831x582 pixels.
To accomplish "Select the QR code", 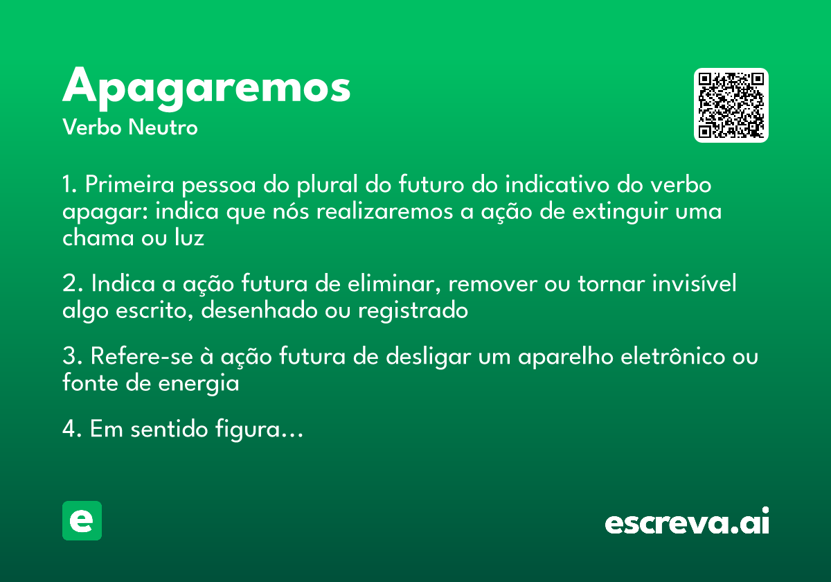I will click(x=731, y=105).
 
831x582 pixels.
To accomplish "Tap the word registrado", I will click(x=413, y=311).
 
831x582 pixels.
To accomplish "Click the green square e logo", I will click(x=82, y=520).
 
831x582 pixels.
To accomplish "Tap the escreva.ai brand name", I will click(x=687, y=522).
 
